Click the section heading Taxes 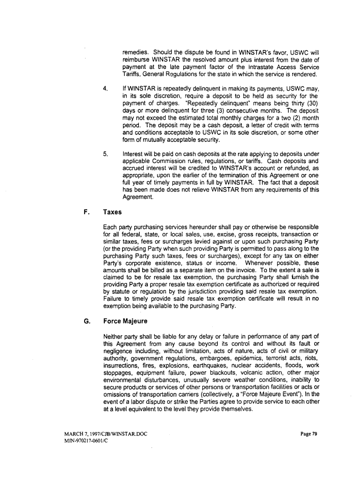tap(112, 212)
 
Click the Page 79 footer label tap(308, 434)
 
